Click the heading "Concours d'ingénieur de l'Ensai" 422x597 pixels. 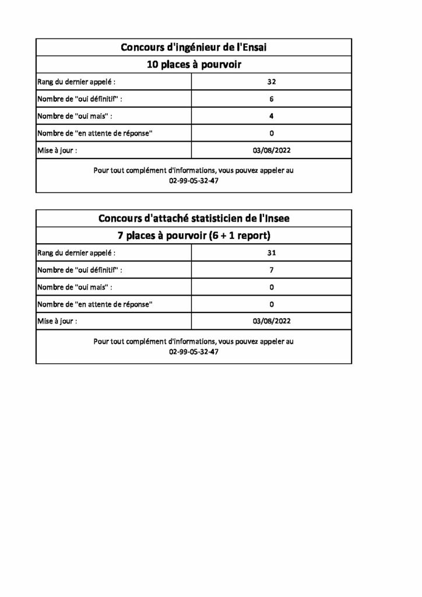[194, 47]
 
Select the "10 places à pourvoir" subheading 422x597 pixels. [194, 64]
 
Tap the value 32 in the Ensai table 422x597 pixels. [272, 82]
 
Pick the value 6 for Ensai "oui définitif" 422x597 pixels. [272, 99]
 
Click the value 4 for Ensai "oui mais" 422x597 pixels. [272, 116]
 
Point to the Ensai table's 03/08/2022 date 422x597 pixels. [272, 150]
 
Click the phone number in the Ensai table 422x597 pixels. [194, 181]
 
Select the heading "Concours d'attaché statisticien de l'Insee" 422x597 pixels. [194, 219]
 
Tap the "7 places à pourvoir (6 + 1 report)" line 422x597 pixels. [194, 236]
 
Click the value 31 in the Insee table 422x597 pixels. [272, 253]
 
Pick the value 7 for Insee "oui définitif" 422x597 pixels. [272, 270]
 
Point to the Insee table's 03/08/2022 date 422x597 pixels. [272, 321]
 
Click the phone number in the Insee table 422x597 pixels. [194, 352]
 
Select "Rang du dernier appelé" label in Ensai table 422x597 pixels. [80, 82]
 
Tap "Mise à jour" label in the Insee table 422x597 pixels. [57, 321]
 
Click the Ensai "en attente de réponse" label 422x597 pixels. [95, 134]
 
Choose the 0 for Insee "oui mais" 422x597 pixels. [272, 287]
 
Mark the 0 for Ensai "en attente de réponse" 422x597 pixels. [272, 133]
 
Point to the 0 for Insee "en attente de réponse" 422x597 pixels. [272, 304]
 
